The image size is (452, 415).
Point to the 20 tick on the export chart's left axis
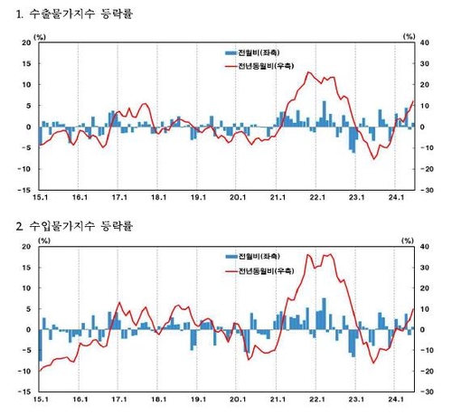(24, 42)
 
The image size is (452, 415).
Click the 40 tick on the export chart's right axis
(424, 42)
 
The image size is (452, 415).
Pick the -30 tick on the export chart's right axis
(425, 191)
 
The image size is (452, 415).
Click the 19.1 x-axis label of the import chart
(199, 402)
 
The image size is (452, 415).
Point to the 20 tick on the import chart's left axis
(24, 246)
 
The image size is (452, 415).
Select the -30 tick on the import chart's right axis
(425, 393)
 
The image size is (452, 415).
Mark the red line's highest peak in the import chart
(330, 254)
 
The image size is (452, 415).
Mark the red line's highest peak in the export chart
(309, 72)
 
